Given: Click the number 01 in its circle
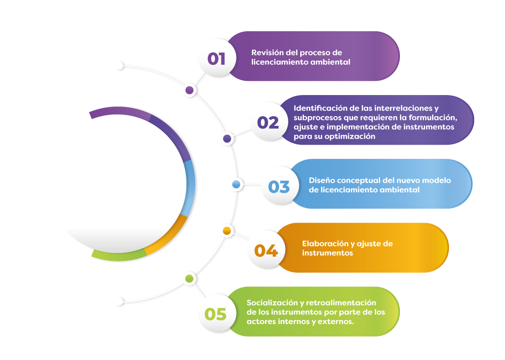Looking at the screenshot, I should [217, 59].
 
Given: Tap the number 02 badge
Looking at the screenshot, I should [268, 123].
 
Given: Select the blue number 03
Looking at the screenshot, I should [279, 187].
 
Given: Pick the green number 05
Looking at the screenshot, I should [216, 315].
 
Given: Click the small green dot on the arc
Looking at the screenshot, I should [189, 278].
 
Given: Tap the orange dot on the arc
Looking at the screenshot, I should [226, 230].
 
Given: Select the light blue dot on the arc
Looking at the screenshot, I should [236, 185].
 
